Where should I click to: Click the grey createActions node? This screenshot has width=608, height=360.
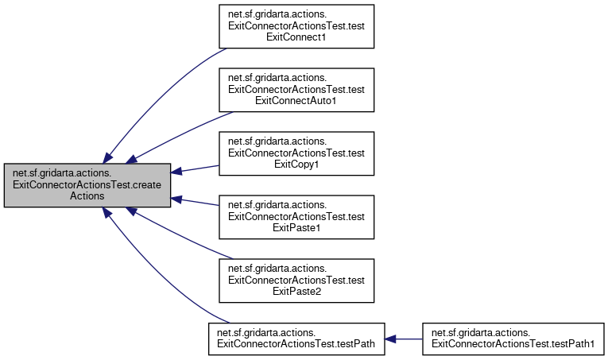87,185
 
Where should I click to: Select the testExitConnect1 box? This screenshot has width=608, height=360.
296,26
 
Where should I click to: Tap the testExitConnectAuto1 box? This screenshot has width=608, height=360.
296,90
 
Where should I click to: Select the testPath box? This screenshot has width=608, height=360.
296,339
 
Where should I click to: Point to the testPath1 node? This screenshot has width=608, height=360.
513,339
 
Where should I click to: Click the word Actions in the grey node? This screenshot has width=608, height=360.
87,195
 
